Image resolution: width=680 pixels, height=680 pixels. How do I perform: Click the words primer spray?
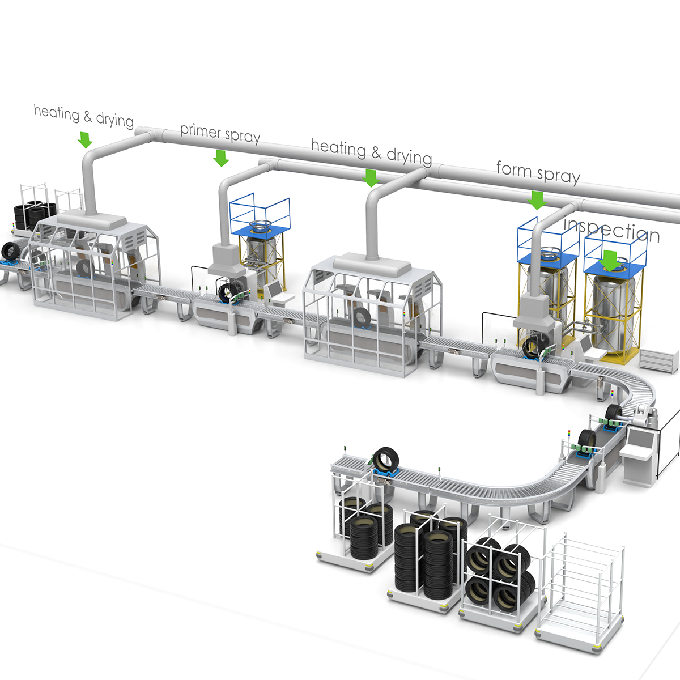click(x=220, y=133)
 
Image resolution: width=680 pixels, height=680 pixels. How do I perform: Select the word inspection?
click(x=611, y=230)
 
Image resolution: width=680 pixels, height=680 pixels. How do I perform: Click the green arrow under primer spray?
click(x=221, y=158)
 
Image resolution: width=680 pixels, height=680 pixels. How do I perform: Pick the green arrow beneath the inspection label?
click(x=611, y=261)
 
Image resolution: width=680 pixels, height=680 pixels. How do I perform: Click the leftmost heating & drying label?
click(x=84, y=116)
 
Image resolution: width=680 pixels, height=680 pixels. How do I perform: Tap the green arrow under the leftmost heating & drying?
click(x=84, y=140)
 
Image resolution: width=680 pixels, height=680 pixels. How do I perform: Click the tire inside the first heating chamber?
click(x=84, y=269)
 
